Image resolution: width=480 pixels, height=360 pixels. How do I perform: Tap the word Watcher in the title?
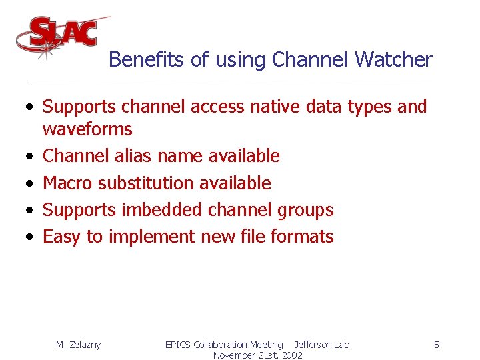click(393, 60)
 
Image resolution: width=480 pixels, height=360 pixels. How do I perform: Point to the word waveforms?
click(87, 129)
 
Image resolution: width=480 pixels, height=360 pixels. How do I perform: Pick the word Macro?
click(67, 183)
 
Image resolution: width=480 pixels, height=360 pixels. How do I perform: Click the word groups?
click(304, 210)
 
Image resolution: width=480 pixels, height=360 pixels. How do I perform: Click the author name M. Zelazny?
click(78, 345)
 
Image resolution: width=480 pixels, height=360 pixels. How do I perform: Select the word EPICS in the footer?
click(177, 345)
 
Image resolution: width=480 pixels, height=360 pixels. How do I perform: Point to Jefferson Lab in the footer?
click(322, 345)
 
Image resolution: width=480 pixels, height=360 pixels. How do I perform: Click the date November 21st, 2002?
click(257, 355)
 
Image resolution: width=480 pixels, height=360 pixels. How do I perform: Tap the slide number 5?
click(436, 345)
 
